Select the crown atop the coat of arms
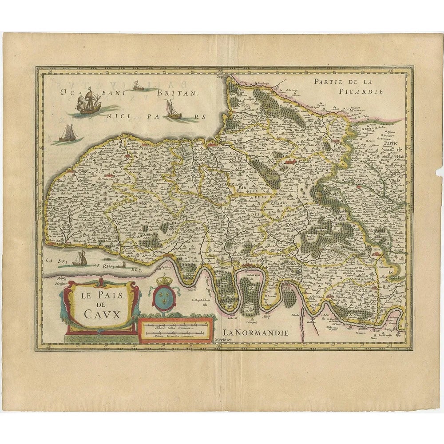click(x=165, y=280)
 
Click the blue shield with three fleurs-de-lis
click(x=164, y=298)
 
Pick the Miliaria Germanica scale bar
click(x=176, y=334)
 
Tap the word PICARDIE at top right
click(x=368, y=91)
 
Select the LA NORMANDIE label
click(x=256, y=332)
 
